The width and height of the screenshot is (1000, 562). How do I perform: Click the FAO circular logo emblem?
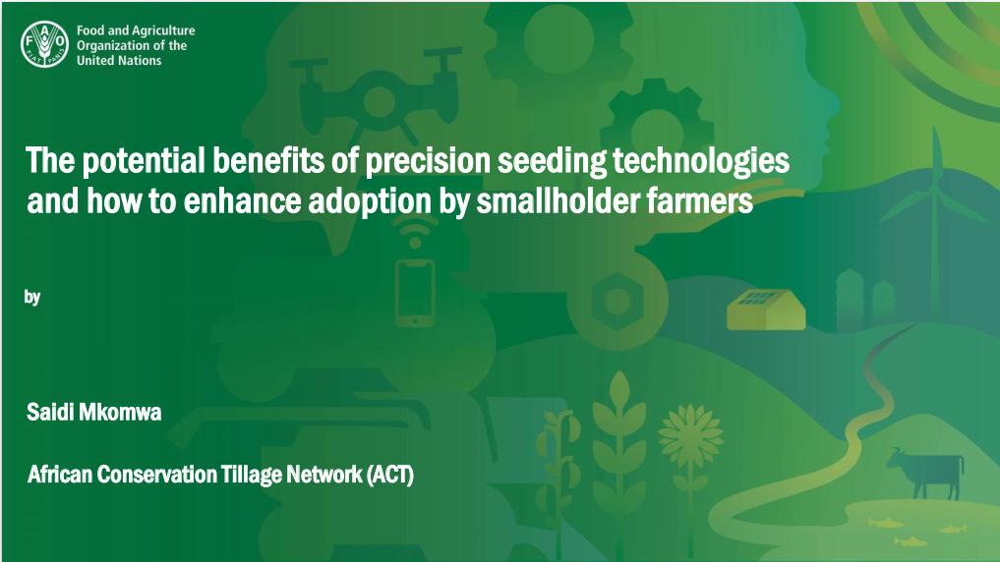pyautogui.click(x=44, y=44)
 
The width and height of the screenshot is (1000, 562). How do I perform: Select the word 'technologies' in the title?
pyautogui.click(x=701, y=161)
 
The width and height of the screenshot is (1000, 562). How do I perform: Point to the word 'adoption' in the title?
pyautogui.click(x=370, y=201)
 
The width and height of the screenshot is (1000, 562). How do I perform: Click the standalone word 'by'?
pyautogui.click(x=32, y=297)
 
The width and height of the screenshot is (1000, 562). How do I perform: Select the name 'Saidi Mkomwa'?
pyautogui.click(x=93, y=413)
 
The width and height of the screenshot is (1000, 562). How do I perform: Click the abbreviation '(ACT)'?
pyautogui.click(x=390, y=475)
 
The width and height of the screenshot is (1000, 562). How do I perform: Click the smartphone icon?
pyautogui.click(x=415, y=292)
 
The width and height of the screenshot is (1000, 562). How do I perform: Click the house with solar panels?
pyautogui.click(x=766, y=309)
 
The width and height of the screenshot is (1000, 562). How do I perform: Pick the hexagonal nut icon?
pyautogui.click(x=617, y=302)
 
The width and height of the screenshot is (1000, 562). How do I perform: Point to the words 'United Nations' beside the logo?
pyautogui.click(x=119, y=61)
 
